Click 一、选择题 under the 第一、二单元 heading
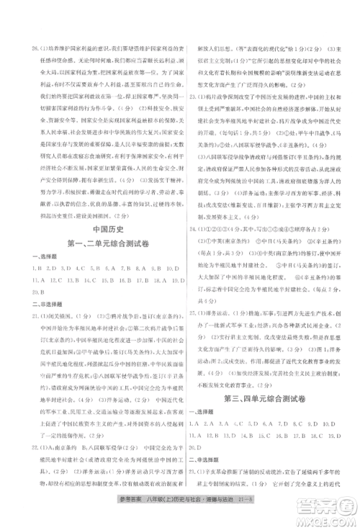click(41, 257)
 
